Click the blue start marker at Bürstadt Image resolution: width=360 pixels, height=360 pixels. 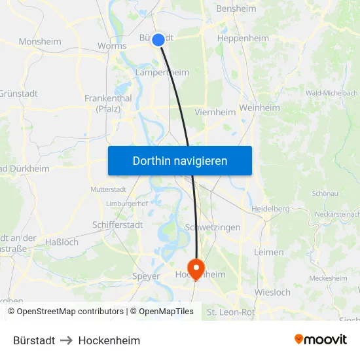tap(158, 40)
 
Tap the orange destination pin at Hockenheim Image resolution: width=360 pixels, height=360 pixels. tap(196, 268)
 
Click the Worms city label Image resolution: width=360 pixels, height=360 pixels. tap(111, 46)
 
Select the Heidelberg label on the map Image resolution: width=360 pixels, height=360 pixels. tap(270, 209)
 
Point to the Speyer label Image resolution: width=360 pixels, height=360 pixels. tap(145, 276)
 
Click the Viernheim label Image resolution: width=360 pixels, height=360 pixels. tap(215, 113)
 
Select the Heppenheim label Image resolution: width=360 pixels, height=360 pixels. tap(242, 39)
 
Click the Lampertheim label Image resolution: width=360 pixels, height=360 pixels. tap(162, 73)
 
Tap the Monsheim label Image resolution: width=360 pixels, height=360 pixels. tap(40, 41)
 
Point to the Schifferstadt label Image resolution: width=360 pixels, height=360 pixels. tap(117, 225)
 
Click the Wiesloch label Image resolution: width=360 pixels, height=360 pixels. tap(272, 293)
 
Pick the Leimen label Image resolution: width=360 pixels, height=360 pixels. tap(269, 252)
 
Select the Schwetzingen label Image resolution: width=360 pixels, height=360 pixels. tap(213, 227)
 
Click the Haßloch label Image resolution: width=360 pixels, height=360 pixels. tap(62, 242)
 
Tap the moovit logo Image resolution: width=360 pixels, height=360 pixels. tap(321, 340)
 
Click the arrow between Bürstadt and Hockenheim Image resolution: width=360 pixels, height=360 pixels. tap(67, 340)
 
